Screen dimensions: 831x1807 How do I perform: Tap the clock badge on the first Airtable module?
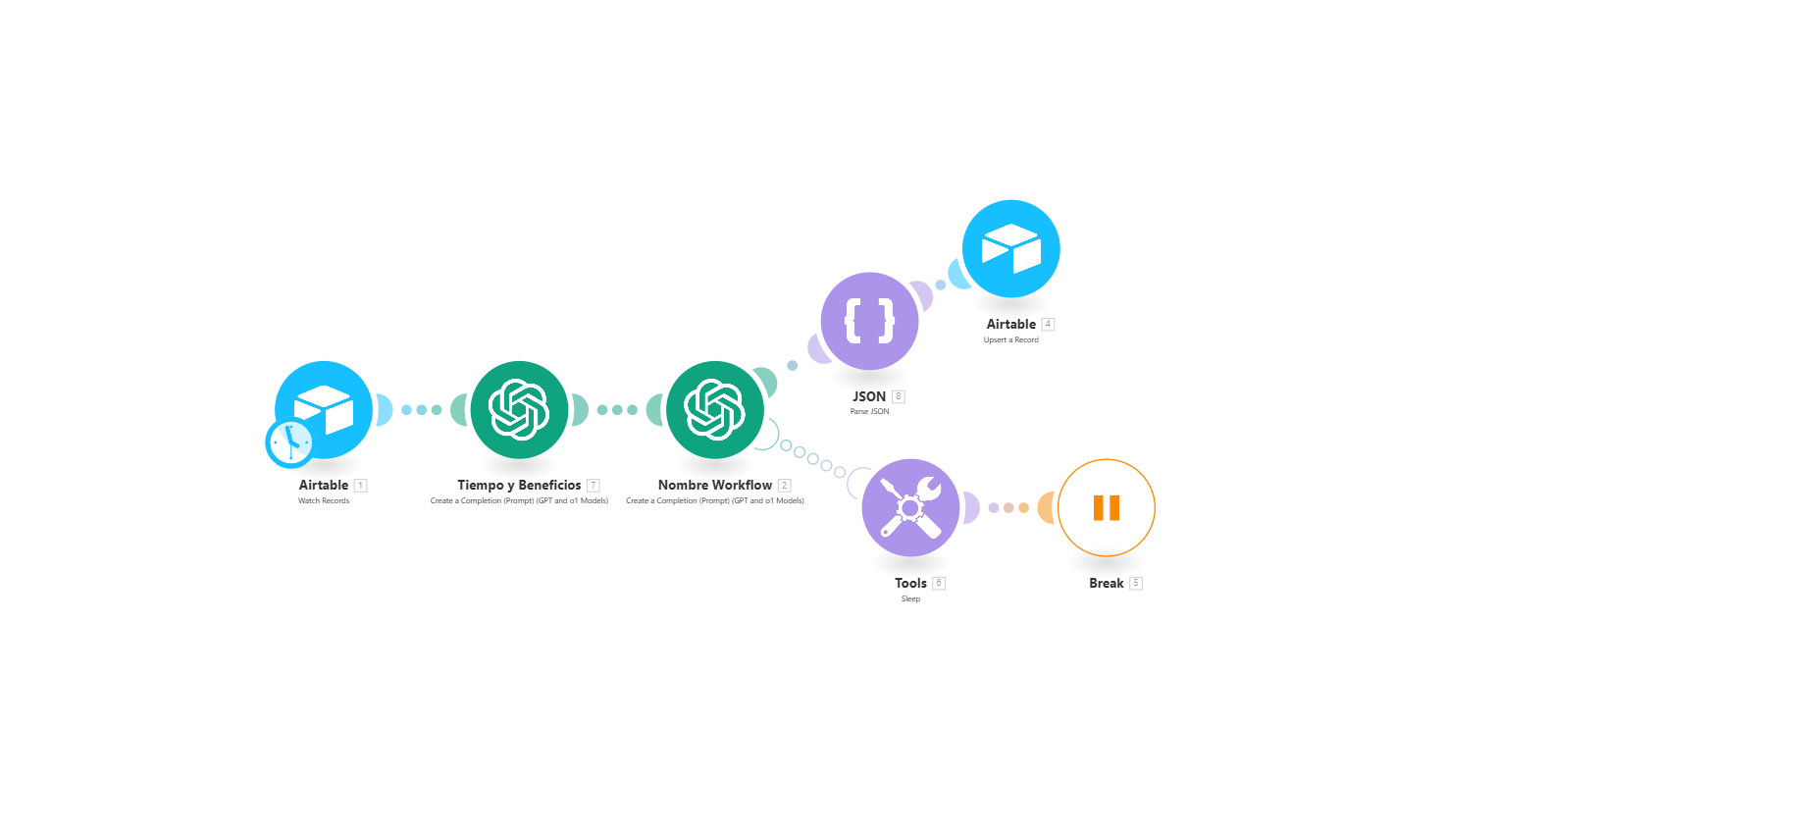tap(289, 442)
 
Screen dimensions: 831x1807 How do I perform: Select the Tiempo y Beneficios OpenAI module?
tap(519, 409)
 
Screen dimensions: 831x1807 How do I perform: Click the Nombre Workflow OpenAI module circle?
tap(714, 409)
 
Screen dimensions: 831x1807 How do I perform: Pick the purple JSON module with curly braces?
tap(869, 321)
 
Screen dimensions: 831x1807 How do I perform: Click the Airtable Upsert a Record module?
tap(1010, 248)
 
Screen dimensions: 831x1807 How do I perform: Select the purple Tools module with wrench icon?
tap(910, 507)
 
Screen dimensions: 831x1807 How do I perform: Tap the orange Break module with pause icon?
tap(1106, 507)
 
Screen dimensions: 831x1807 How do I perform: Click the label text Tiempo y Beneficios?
tap(519, 485)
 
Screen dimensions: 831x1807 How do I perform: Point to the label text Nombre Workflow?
tap(714, 485)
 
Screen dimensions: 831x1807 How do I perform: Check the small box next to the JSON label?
tap(899, 396)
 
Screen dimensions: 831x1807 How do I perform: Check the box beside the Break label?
tap(1136, 583)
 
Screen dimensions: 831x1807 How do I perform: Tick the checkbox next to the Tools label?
tap(939, 583)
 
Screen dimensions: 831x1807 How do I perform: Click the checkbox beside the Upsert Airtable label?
tap(1049, 324)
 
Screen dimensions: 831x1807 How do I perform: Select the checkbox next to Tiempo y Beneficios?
tap(594, 486)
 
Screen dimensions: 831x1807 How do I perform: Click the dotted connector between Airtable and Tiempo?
tap(421, 409)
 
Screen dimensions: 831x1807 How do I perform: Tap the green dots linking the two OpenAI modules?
tap(617, 409)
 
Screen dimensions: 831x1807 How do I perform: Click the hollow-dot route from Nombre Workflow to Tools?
tap(813, 458)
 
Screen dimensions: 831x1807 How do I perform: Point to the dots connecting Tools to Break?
tap(1008, 507)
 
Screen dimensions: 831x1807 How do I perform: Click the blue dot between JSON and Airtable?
tap(940, 285)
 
